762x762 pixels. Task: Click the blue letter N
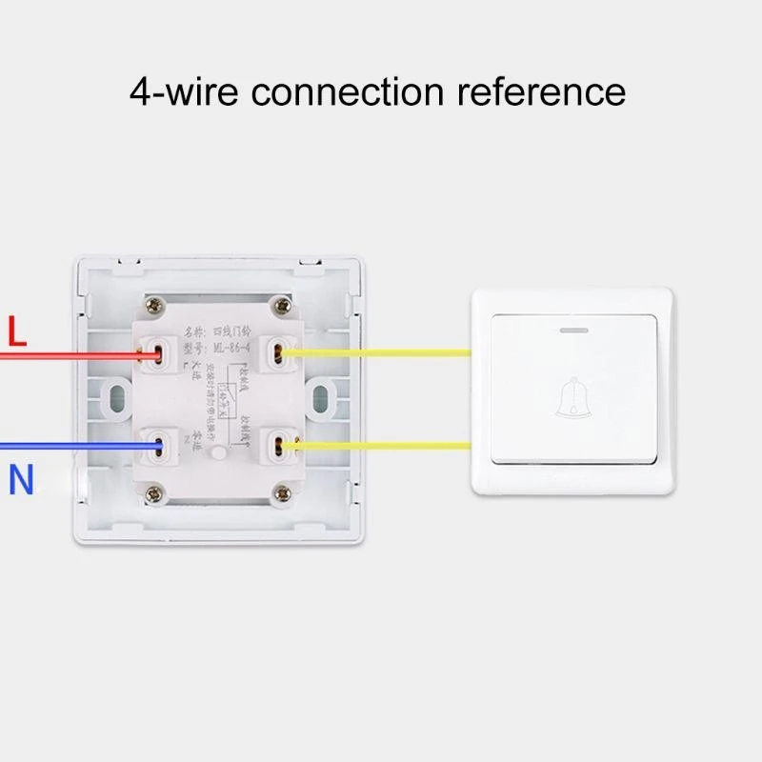point(21,480)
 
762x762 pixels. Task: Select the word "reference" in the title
point(542,92)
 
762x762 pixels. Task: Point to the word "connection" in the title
point(349,92)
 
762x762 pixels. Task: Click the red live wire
point(67,355)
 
